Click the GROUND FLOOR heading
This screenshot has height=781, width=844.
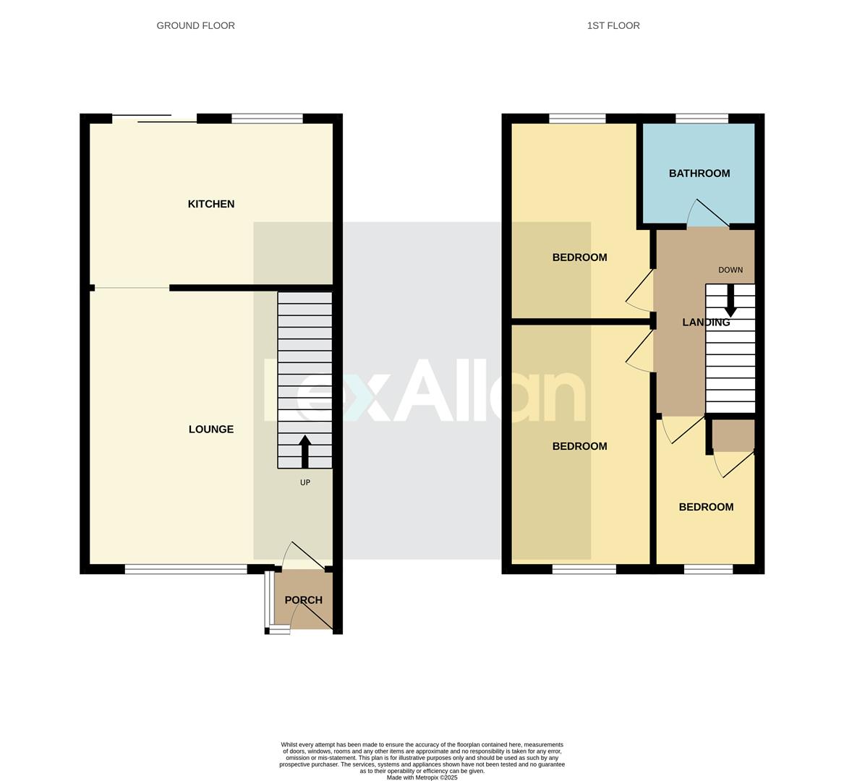(195, 26)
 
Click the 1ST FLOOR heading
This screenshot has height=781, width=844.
(613, 26)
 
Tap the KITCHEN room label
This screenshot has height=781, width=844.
(211, 205)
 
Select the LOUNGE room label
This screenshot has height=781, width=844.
(211, 430)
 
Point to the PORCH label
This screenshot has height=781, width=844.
(304, 600)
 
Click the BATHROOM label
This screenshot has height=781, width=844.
(699, 174)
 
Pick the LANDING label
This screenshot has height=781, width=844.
(706, 323)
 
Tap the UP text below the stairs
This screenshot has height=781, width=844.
(305, 482)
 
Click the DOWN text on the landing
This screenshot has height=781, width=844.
(730, 270)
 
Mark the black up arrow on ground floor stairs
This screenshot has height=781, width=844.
(304, 451)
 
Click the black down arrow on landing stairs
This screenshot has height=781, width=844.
(730, 301)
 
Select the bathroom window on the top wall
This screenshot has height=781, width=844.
(702, 119)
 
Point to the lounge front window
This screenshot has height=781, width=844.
(186, 570)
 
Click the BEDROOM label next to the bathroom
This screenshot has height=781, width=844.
(579, 257)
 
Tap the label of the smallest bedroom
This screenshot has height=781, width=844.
(706, 508)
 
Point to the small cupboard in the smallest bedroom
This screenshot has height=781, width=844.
(733, 435)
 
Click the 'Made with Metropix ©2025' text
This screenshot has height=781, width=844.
(422, 777)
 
